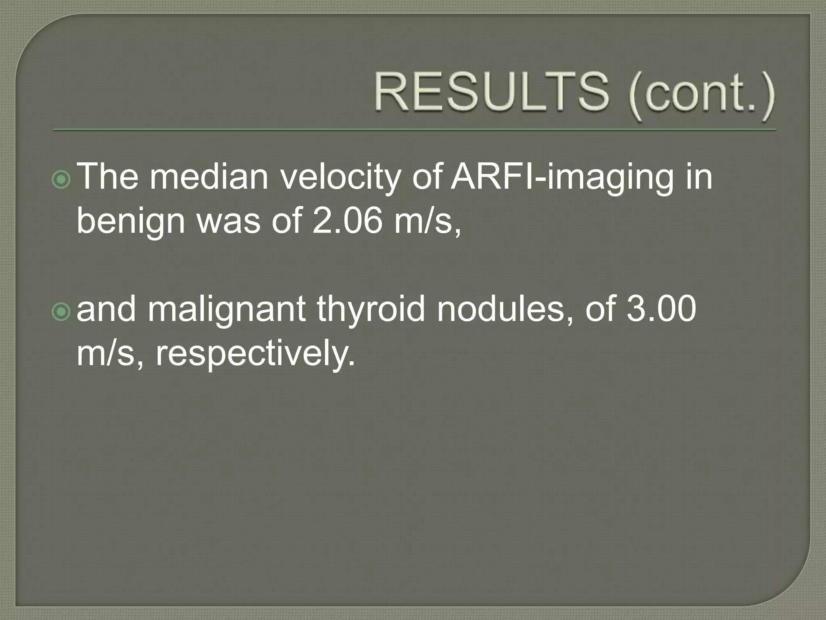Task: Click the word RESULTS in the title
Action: tap(491, 92)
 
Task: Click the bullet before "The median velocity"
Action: tap(61, 180)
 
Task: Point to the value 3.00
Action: tap(661, 308)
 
